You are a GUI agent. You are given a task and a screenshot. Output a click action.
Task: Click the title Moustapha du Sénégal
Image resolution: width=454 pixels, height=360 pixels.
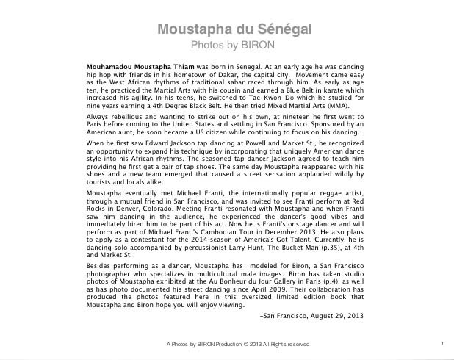(x=235, y=30)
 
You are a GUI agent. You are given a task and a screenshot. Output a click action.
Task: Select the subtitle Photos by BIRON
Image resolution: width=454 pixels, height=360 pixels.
(x=235, y=45)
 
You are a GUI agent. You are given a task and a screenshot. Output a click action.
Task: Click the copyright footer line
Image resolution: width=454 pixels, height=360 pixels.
(x=238, y=344)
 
